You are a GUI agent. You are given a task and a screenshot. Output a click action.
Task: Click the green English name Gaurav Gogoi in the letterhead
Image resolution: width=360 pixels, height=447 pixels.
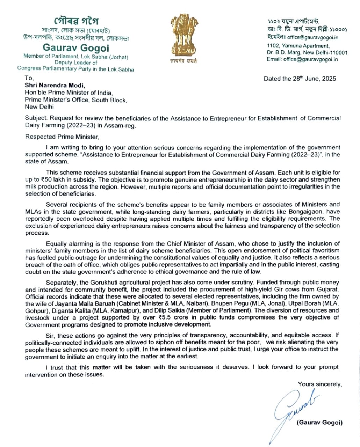coord(76,47)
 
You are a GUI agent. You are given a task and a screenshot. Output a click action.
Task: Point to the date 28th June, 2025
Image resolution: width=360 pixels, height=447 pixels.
coord(314,79)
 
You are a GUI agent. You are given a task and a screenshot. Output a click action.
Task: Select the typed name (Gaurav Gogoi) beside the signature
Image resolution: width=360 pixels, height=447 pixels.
coord(319,423)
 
